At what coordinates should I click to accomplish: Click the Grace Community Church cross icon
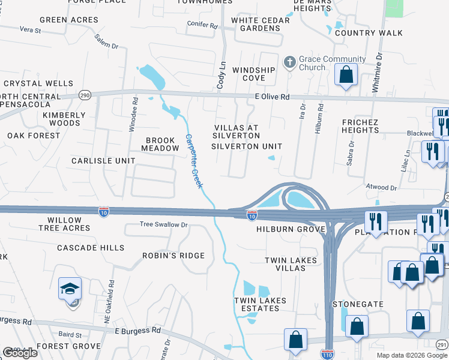tap(290, 62)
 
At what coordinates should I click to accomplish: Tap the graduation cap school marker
tap(70, 289)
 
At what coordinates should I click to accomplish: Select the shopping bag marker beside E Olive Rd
tap(346, 76)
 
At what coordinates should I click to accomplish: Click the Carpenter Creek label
tap(193, 161)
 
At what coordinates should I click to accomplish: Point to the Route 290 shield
tap(85, 95)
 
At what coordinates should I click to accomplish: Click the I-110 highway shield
tap(327, 355)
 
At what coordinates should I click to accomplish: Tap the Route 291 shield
tap(442, 345)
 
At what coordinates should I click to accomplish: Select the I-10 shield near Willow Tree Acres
tap(104, 212)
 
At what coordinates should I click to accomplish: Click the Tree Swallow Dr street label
tap(164, 225)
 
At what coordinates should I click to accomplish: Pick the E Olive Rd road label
tap(272, 97)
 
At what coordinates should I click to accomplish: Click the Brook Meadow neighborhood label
tap(160, 144)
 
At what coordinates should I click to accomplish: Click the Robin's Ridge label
tap(173, 256)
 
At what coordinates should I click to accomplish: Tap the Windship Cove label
tap(253, 74)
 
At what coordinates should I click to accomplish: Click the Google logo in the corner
tap(20, 353)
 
